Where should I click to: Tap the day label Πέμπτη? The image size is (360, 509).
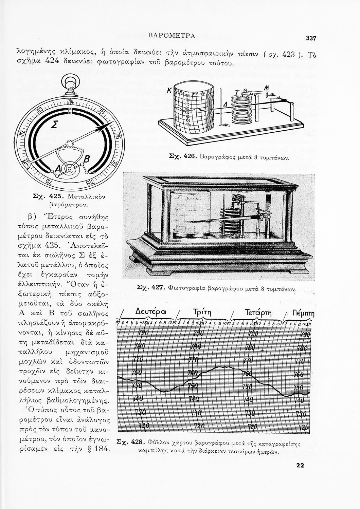pos(303,313)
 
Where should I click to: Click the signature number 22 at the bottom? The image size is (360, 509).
pos(300,465)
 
